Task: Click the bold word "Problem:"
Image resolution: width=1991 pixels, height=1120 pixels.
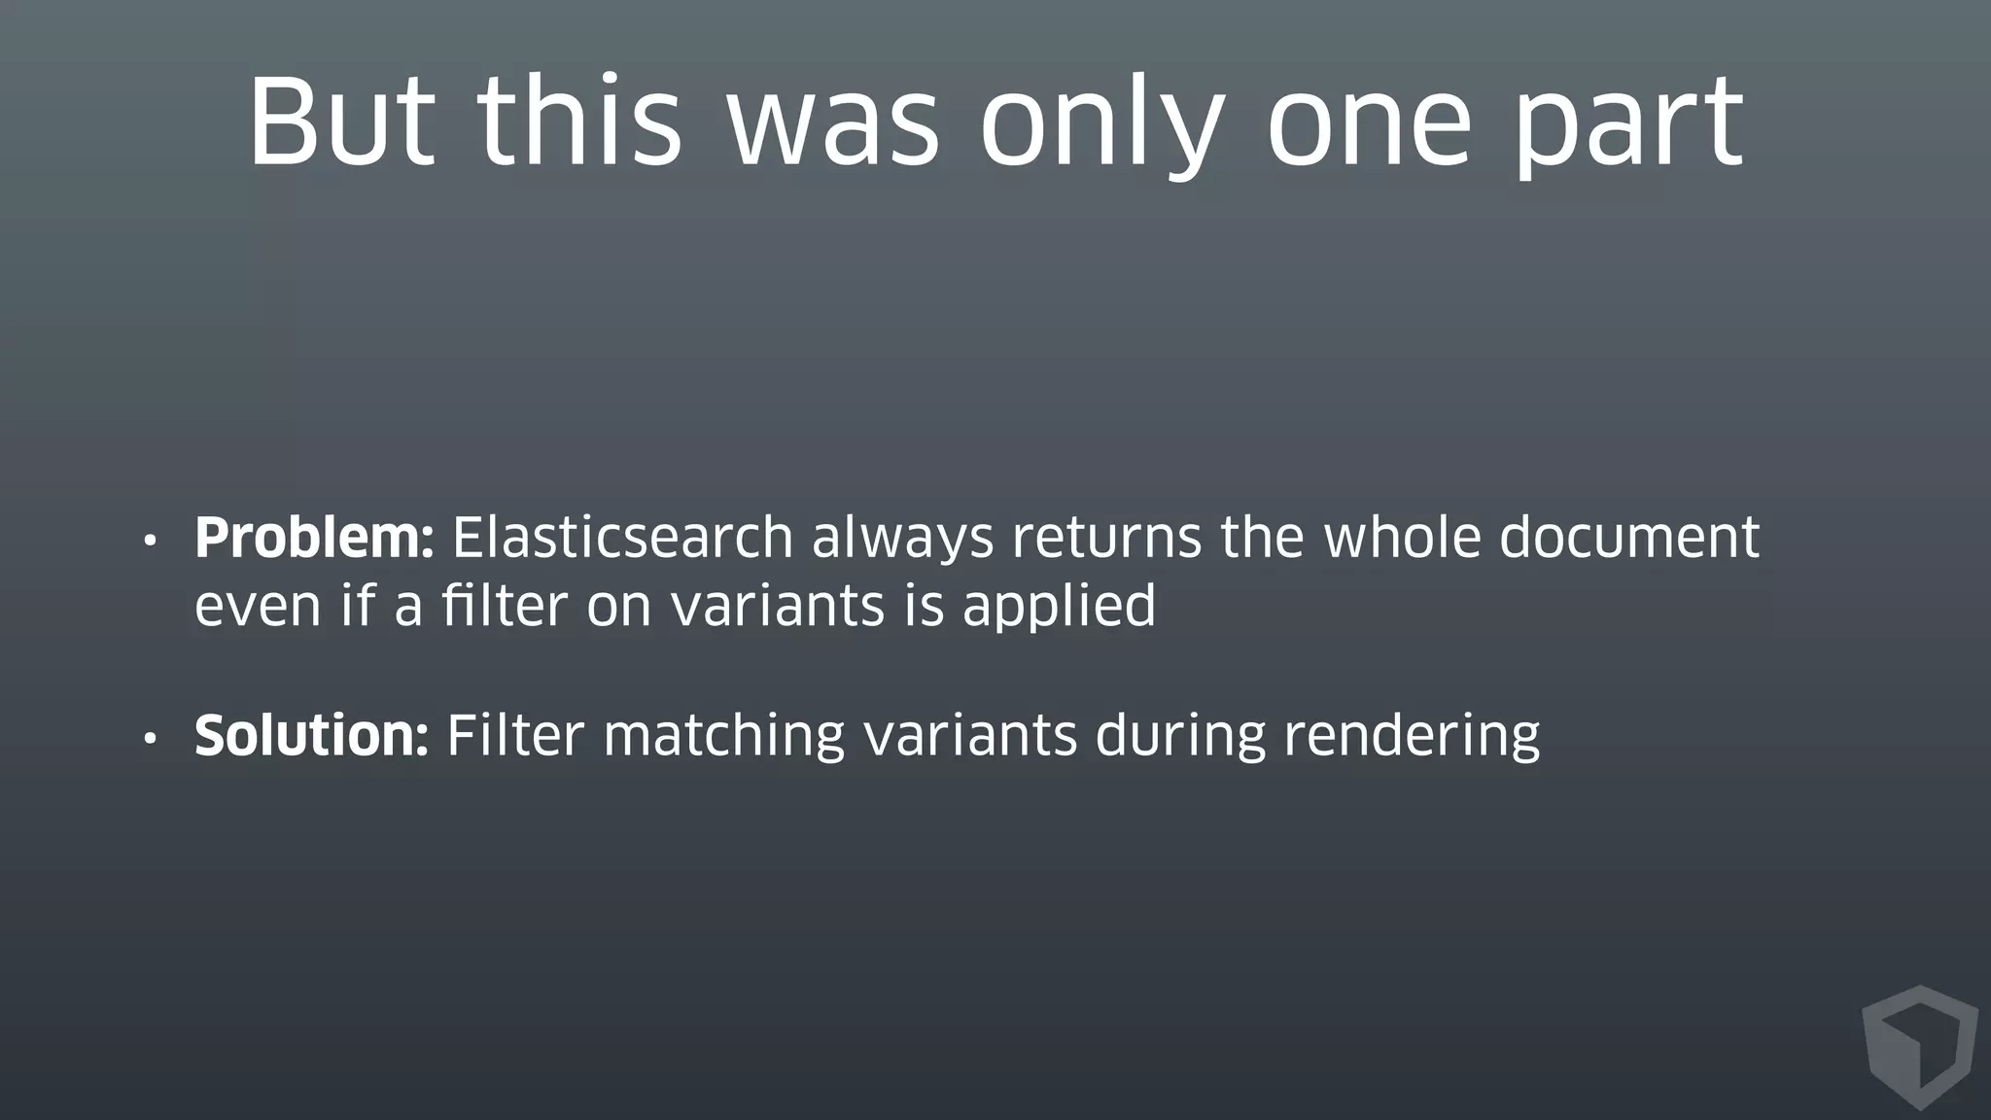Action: pos(314,538)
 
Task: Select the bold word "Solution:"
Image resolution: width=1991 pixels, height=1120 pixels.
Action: pos(311,735)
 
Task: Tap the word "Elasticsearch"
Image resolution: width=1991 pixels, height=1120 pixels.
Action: pos(622,538)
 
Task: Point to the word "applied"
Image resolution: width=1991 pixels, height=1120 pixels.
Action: pos(1059,608)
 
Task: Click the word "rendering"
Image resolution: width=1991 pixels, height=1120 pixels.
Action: pos(1412,737)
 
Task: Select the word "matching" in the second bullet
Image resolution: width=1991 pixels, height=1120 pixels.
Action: pos(723,737)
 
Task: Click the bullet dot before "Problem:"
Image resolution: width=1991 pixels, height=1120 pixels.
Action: pos(149,542)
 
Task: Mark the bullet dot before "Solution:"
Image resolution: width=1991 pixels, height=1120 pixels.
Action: pos(149,739)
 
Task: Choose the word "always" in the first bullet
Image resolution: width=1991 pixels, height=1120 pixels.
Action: pos(902,540)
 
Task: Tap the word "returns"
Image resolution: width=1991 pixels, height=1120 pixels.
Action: pos(1106,538)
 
